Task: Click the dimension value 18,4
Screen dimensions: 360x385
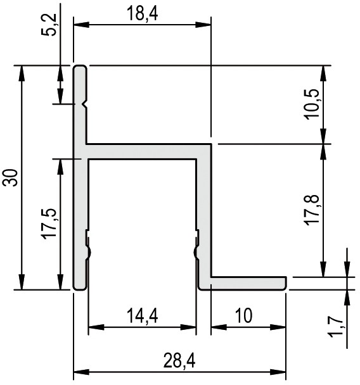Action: (x=142, y=14)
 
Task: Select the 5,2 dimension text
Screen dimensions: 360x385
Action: (x=49, y=25)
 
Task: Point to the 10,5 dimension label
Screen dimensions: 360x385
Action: (x=312, y=104)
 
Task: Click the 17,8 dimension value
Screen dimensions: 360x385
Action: (x=312, y=209)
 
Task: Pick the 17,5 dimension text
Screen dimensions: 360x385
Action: (x=49, y=224)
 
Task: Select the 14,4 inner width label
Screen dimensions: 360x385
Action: (x=142, y=316)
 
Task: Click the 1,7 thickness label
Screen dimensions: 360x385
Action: (x=336, y=326)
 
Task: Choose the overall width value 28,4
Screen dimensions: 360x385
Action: (x=179, y=361)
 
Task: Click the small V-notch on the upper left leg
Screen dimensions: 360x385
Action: (x=86, y=104)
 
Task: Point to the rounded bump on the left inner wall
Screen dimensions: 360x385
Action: (x=89, y=251)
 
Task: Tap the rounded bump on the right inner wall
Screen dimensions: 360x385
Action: (x=195, y=251)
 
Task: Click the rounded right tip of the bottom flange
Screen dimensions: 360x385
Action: (x=285, y=283)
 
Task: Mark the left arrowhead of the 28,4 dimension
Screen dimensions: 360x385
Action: (x=81, y=372)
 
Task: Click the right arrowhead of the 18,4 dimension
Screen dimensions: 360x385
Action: (x=203, y=25)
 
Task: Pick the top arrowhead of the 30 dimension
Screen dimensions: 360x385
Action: (x=22, y=73)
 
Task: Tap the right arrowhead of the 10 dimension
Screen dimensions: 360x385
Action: (x=278, y=327)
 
